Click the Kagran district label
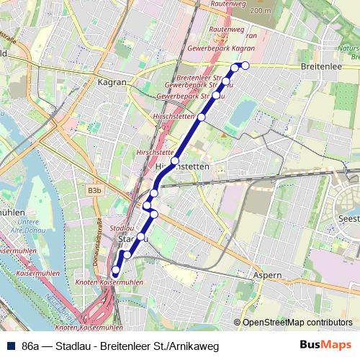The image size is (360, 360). pos(112,83)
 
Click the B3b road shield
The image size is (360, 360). pos(94,191)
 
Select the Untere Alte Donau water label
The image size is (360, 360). pos(28,226)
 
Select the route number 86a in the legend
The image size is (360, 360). pos(31,346)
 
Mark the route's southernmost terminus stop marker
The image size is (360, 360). pos(115,271)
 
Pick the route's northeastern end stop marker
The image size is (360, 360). pos(245,66)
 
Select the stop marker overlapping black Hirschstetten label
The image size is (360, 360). pos(175,161)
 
